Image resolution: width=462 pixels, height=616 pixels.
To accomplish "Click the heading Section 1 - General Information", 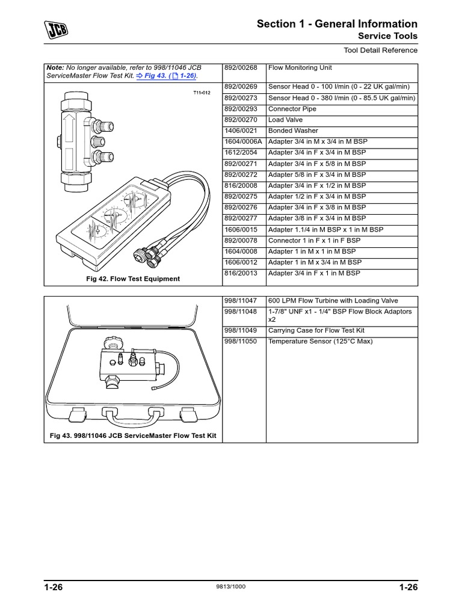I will [337, 24].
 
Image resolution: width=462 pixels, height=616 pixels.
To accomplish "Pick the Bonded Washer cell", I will [293, 131].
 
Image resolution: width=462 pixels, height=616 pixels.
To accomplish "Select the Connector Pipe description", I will [292, 109].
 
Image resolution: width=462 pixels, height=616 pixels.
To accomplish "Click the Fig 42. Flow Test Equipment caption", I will [133, 279].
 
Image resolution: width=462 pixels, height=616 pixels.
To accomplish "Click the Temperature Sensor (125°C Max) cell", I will [320, 341].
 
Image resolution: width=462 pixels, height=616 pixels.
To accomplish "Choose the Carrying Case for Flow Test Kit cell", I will [316, 330].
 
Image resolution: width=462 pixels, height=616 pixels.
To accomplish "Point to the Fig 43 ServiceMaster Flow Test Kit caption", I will [133, 436].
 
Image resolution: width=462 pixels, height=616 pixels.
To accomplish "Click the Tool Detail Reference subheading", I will [381, 51].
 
